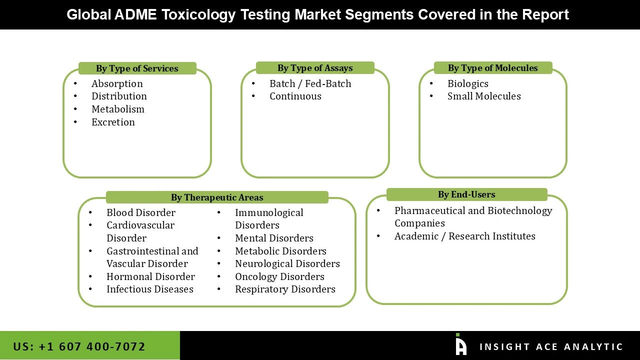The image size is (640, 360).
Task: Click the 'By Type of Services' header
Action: (137, 68)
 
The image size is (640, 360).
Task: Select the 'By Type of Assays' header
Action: (315, 68)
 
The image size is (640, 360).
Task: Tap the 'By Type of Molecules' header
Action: (492, 68)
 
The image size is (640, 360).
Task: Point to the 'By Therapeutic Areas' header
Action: (217, 197)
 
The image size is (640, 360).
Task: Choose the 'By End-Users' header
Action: (466, 194)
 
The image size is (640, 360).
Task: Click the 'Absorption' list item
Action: (117, 83)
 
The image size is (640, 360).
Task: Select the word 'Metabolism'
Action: (117, 109)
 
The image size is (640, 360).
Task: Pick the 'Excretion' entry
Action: (113, 122)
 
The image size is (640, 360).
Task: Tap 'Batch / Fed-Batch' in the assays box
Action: (310, 83)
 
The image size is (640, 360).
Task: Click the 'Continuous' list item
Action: (295, 96)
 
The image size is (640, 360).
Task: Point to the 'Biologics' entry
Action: (467, 83)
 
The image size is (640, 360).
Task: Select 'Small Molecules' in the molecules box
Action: (483, 96)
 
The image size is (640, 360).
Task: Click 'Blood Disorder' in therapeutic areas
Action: (140, 212)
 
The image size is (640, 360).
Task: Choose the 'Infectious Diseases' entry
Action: (149, 289)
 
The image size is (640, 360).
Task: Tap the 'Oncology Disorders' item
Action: (279, 276)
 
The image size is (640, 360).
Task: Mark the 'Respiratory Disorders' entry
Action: (285, 289)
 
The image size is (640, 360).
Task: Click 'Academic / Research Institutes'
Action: (464, 236)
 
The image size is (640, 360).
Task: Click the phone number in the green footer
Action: (79, 346)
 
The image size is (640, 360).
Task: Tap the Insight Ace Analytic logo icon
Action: (460, 345)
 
